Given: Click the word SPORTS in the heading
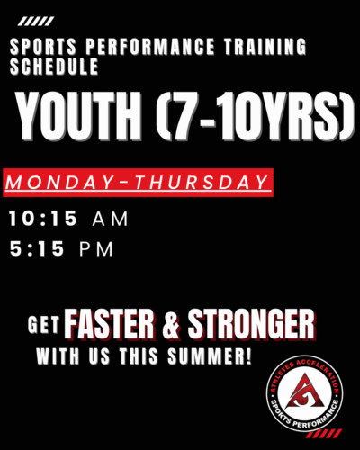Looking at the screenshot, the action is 43,47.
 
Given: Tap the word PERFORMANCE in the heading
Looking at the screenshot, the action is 150,47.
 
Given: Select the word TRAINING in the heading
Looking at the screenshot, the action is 265,47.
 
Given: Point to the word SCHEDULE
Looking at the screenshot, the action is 54,67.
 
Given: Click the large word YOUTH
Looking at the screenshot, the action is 78,116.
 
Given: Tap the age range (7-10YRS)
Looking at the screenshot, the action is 255,116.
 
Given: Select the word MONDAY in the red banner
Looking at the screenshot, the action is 59,183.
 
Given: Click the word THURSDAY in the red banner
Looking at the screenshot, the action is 202,183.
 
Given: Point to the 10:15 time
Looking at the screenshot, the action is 43,218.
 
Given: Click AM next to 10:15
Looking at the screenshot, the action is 111,219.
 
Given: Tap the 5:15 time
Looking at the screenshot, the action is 37,248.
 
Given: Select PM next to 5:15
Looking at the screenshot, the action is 96,249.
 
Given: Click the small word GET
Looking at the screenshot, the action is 44,324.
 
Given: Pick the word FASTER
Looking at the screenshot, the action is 110,324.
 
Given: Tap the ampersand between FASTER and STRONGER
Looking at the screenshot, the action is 171,325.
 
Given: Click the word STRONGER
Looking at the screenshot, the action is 251,324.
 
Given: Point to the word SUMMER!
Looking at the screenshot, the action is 210,356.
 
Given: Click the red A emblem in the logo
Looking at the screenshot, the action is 304,391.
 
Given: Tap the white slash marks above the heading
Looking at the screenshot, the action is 36,22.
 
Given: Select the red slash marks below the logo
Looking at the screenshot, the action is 326,434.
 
